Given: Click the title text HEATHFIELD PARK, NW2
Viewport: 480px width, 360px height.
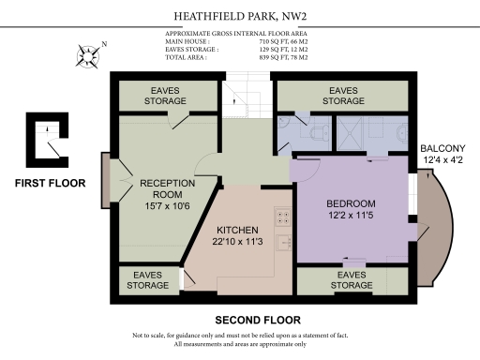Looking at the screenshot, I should (239, 16).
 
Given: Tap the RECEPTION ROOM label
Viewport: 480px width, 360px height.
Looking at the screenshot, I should (166, 188).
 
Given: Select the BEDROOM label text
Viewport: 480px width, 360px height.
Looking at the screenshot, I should (351, 203).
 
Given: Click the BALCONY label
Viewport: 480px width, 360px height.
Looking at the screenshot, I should (442, 149).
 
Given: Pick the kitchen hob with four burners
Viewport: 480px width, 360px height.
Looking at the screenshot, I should (281, 217).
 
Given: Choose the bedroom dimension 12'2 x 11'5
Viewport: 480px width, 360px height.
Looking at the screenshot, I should (351, 217).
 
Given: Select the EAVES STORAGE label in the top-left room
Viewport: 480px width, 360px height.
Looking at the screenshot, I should (166, 96).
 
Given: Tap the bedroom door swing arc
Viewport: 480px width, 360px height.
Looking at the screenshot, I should (307, 169).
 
